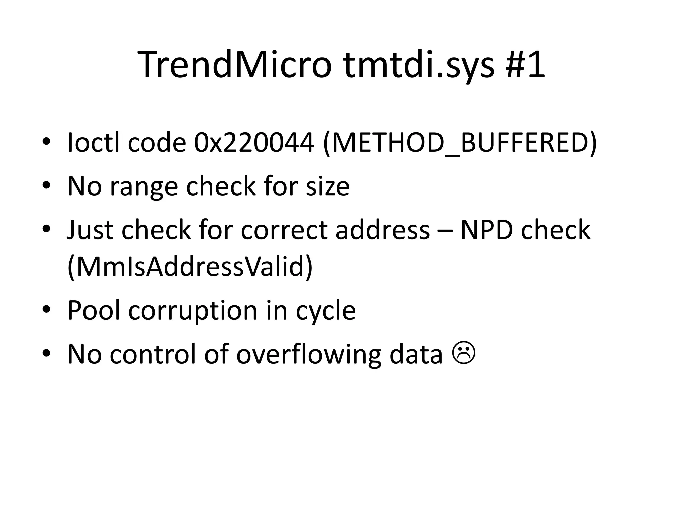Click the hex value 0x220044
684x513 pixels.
click(x=254, y=143)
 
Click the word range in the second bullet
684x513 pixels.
click(x=144, y=186)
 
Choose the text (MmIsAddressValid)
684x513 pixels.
click(x=190, y=267)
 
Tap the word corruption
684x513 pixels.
click(x=193, y=311)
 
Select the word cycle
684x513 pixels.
click(x=326, y=311)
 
